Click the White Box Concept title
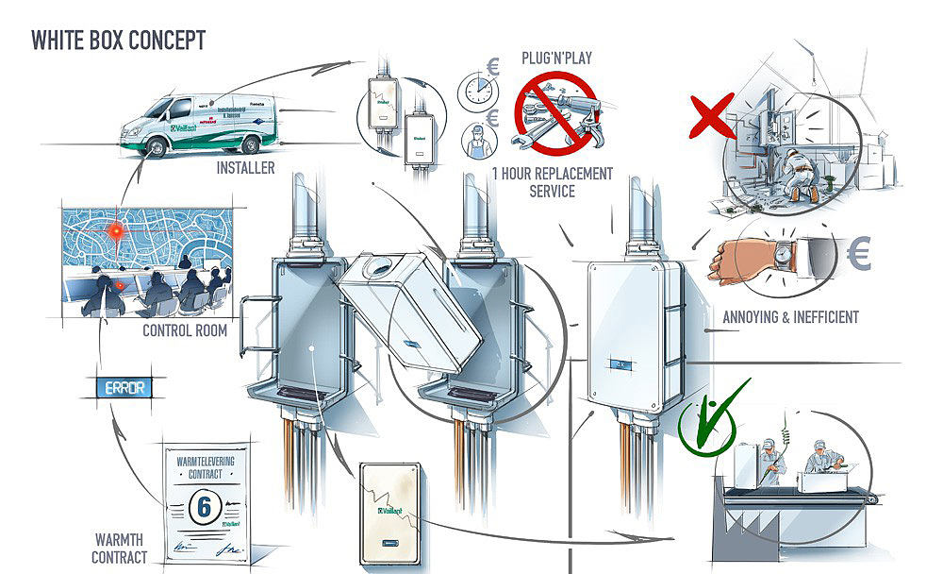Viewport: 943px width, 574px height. [x=118, y=41]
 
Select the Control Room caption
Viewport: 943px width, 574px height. [x=185, y=331]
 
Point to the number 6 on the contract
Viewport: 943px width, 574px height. [x=200, y=504]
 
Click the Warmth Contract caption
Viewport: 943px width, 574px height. [x=120, y=549]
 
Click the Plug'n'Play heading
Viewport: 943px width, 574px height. [x=555, y=59]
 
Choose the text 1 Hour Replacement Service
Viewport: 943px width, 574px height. [x=553, y=182]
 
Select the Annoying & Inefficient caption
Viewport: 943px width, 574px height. [x=790, y=317]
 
